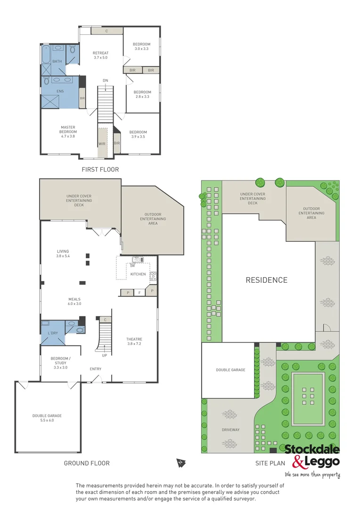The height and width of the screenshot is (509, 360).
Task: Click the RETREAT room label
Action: click(100, 55)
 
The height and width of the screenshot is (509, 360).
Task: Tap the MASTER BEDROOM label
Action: click(67, 131)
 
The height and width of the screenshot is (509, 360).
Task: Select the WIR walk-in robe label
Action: click(102, 143)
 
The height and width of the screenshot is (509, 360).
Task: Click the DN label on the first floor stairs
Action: click(106, 81)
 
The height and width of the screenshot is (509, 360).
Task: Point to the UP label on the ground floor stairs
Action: click(105, 355)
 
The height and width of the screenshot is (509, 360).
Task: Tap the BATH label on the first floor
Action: click(57, 61)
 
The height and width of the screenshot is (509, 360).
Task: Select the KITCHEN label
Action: click(138, 274)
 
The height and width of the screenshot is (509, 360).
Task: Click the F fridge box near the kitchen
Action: click(139, 293)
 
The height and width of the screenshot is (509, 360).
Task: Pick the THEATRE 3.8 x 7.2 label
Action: click(134, 342)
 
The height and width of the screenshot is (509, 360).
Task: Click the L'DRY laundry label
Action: click(53, 333)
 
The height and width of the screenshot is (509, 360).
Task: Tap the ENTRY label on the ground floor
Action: click(96, 369)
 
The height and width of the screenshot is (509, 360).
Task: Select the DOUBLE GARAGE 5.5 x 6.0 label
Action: click(47, 418)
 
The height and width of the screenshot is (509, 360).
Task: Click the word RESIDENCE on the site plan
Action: click(266, 280)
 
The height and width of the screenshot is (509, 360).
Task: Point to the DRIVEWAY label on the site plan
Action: click(231, 430)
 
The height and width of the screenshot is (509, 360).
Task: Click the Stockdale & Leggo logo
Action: click(311, 455)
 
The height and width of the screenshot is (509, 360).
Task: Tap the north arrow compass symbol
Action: click(180, 463)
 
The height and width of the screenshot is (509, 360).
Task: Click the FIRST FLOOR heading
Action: click(100, 169)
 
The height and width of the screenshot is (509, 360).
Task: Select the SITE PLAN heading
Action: click(270, 463)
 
